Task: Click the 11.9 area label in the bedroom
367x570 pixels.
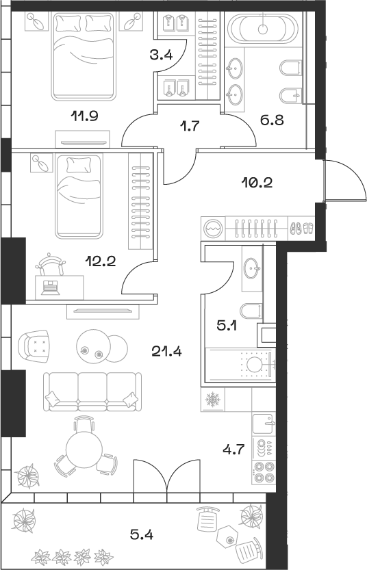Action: pyautogui.click(x=86, y=115)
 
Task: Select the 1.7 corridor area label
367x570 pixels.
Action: pyautogui.click(x=189, y=125)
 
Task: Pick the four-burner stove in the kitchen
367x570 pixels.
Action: pyautogui.click(x=264, y=474)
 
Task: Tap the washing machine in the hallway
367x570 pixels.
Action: pyautogui.click(x=214, y=227)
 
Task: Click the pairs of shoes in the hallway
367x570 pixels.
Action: pyautogui.click(x=302, y=227)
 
